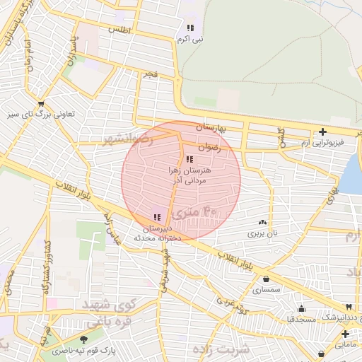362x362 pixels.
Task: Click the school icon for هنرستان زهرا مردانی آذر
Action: [189, 159]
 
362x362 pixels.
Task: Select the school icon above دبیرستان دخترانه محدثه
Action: [157, 217]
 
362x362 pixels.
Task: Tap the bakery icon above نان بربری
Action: [263, 222]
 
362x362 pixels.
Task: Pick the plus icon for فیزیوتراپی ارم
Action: [322, 131]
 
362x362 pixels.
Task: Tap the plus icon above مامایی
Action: [345, 334]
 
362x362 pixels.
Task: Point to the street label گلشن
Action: [281, 137]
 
